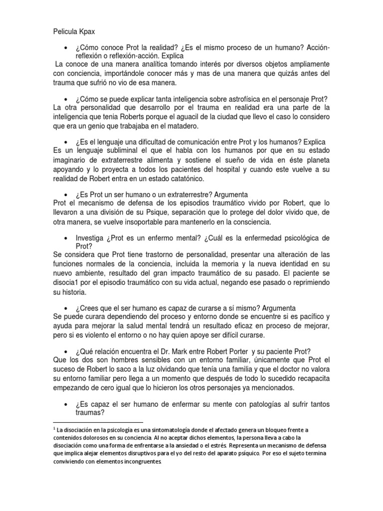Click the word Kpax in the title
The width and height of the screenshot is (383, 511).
click(x=86, y=31)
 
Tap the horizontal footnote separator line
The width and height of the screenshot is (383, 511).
click(x=98, y=422)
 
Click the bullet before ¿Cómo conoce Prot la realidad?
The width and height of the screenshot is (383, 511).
click(x=66, y=47)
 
